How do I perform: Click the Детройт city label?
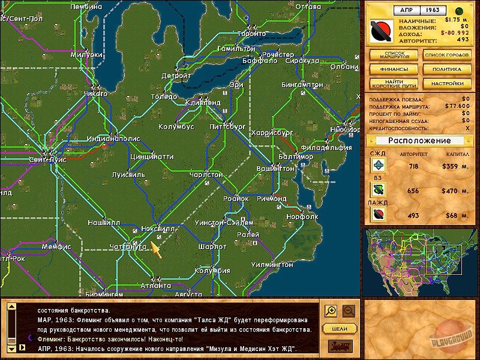176,76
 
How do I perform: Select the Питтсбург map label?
227,127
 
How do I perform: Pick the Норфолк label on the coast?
302,217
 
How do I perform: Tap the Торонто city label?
251,34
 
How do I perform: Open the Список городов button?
443,55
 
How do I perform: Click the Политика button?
443,69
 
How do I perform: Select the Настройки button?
443,83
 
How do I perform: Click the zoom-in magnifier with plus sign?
331,311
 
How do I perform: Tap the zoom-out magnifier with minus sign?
349,311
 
